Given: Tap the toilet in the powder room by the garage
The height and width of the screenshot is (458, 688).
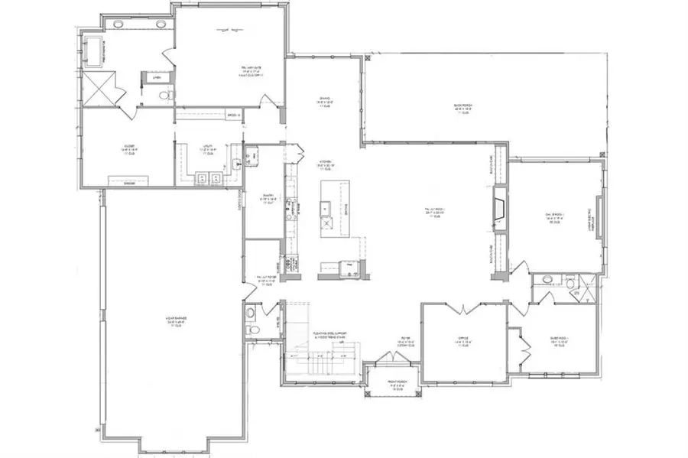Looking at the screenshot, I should (254, 330).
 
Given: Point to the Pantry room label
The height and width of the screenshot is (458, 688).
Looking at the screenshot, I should (264, 201).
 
